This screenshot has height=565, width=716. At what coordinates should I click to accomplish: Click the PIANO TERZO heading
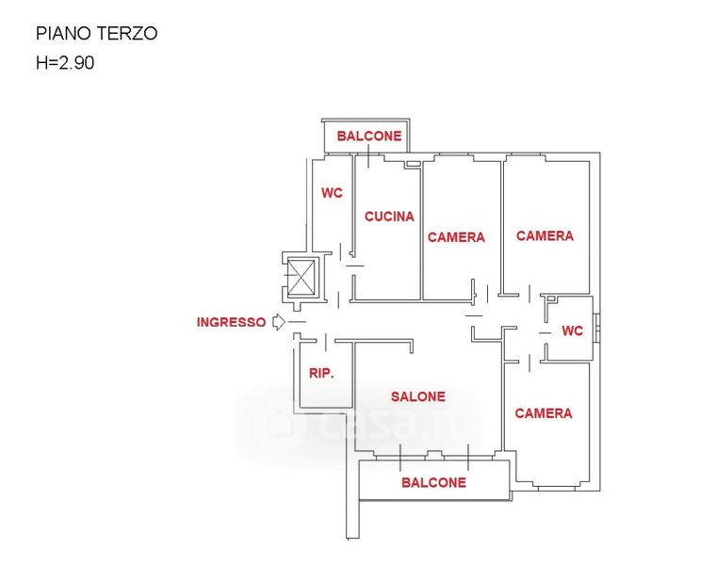pyautogui.click(x=96, y=34)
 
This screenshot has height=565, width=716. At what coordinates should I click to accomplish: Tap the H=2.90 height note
pyautogui.click(x=65, y=64)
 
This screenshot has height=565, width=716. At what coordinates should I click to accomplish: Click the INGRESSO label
pyautogui.click(x=231, y=322)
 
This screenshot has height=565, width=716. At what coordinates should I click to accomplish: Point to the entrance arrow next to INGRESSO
pyautogui.click(x=278, y=322)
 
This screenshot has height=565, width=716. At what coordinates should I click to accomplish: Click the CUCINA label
pyautogui.click(x=389, y=216)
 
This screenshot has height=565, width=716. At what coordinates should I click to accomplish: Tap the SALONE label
pyautogui.click(x=418, y=396)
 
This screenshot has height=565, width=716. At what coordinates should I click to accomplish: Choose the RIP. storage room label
pyautogui.click(x=321, y=373)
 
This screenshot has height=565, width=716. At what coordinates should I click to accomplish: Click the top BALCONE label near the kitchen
pyautogui.click(x=369, y=136)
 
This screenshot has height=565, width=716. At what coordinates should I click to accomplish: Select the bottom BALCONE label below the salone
pyautogui.click(x=433, y=482)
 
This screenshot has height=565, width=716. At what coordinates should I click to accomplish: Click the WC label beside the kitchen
pyautogui.click(x=332, y=193)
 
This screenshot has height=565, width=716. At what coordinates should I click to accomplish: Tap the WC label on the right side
pyautogui.click(x=572, y=331)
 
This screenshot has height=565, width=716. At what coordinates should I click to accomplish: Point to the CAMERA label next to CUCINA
pyautogui.click(x=456, y=237)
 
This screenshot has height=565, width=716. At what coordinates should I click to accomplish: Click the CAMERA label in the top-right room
pyautogui.click(x=545, y=235)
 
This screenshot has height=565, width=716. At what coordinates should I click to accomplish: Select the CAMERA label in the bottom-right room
pyautogui.click(x=543, y=412)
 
